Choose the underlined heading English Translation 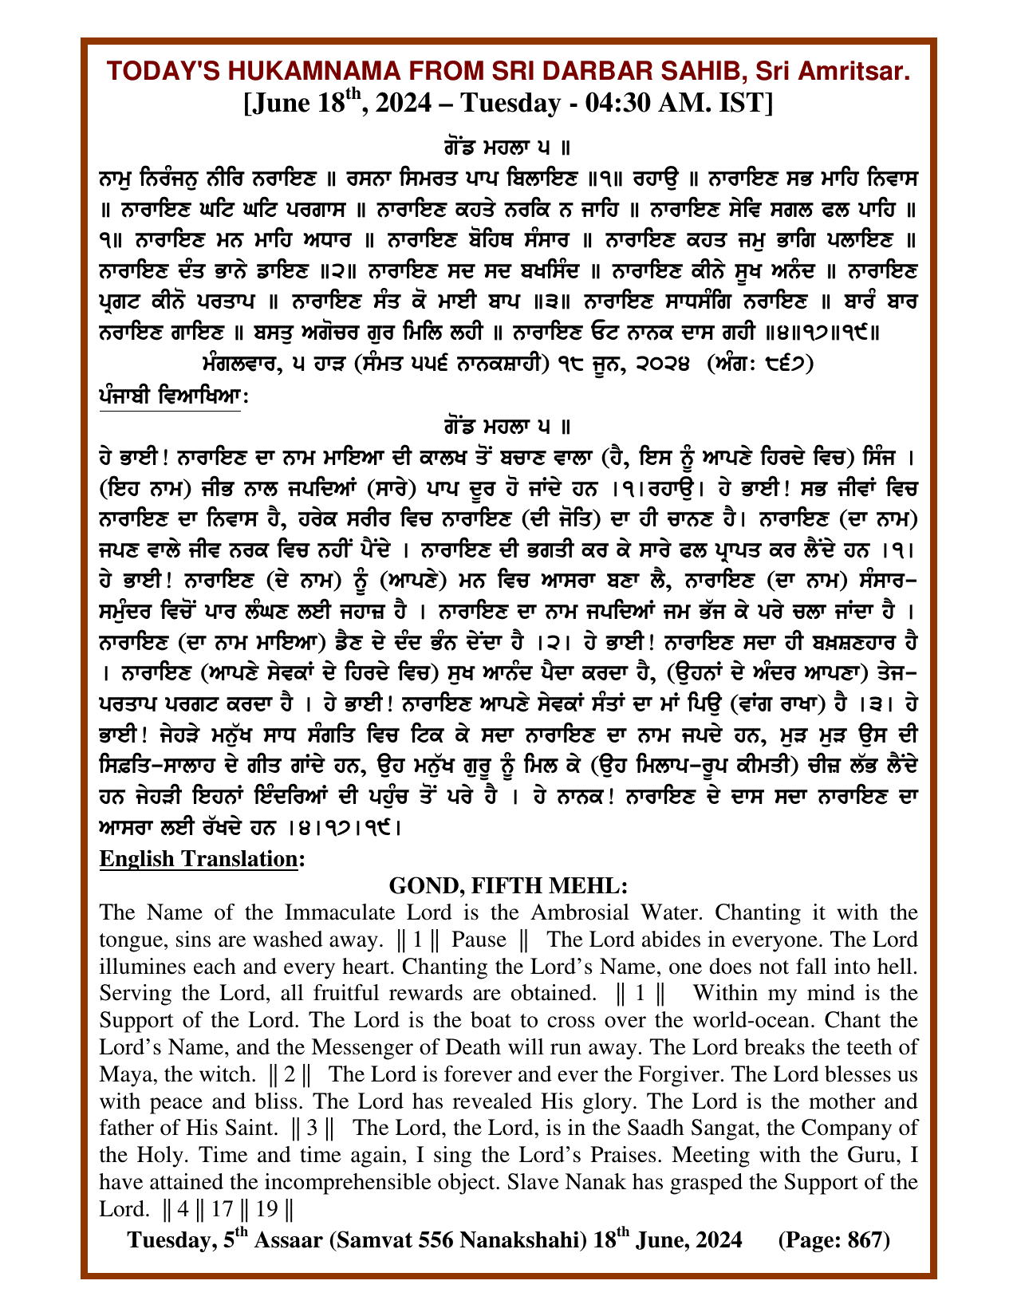[200, 859]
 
